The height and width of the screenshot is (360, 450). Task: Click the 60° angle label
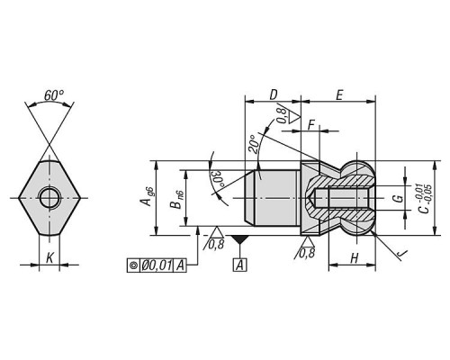tap(54, 95)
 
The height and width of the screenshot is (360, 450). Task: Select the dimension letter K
tap(49, 257)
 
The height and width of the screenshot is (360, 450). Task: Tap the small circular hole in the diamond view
tap(49, 198)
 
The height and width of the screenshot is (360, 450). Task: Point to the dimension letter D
tap(273, 94)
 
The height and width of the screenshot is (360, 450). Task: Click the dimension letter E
tap(339, 95)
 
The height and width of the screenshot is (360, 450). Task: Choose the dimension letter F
tap(311, 125)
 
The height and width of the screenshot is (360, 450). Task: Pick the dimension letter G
tap(398, 199)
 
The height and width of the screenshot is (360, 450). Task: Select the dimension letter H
tap(355, 258)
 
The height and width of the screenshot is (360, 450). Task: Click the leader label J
tap(401, 255)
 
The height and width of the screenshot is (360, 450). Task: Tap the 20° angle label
tap(254, 144)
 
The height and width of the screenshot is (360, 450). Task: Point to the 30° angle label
tap(218, 179)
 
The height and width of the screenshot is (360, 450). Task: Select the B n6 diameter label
tap(176, 200)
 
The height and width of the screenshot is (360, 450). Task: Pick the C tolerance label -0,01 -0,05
tap(425, 199)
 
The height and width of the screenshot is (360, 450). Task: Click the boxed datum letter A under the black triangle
tap(239, 265)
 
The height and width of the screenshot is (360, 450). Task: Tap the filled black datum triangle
tap(239, 239)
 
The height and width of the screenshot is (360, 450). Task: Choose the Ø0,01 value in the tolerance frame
tap(157, 265)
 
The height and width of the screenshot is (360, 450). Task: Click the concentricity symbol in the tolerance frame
tap(133, 265)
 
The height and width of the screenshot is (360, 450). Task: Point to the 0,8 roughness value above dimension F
tap(282, 115)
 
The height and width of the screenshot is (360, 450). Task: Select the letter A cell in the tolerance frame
tap(180, 265)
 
